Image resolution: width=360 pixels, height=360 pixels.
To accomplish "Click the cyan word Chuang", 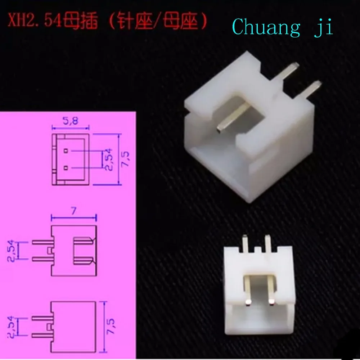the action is coord(266,27).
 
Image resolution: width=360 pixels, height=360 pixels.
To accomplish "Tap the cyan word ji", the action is coord(324,28).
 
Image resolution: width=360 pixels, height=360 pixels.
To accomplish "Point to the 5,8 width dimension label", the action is coord(70,121).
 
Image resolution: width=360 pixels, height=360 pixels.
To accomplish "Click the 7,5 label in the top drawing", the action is coord(125,159).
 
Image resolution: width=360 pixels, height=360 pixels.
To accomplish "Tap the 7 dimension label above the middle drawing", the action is coord(73,211).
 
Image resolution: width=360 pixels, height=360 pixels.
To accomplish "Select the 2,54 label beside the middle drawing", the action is coord(11,251).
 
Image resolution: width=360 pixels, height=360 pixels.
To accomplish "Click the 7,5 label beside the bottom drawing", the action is coord(111,327).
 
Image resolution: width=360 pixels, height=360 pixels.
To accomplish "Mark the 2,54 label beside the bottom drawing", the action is coord(11,327).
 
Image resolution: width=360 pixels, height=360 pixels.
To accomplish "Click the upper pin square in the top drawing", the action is coord(66,151).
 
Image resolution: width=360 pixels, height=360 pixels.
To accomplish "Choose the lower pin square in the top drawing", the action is coord(66,168).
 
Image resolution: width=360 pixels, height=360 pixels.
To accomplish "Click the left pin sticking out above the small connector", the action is coord(245,244).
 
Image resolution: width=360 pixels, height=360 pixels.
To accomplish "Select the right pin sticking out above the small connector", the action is coord(268,244).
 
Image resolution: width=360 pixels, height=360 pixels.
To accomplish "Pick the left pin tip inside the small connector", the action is coord(248,302).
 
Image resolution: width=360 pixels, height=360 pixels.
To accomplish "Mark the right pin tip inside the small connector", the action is coord(271,302).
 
